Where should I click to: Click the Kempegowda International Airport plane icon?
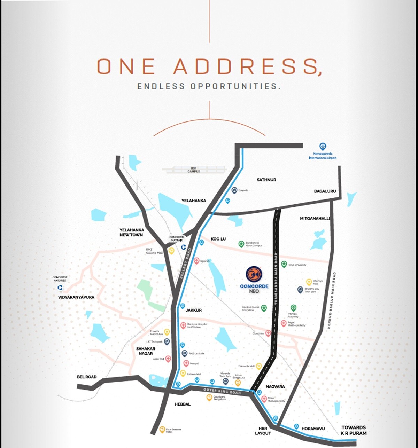[x=323, y=146]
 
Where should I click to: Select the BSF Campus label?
[x=194, y=170]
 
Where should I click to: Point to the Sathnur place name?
[x=266, y=180]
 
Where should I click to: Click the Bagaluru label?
[x=325, y=191]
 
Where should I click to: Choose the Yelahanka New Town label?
[x=131, y=233]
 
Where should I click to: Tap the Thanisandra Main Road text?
[x=276, y=278]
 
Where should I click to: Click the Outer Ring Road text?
[x=222, y=391]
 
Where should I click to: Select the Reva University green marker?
[x=284, y=264]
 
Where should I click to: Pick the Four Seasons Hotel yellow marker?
[x=162, y=430]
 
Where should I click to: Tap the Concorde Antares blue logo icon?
[x=60, y=288]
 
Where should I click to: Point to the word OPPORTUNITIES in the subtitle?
[x=235, y=86]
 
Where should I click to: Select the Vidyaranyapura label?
[x=76, y=297]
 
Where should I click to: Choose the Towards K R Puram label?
[x=354, y=430]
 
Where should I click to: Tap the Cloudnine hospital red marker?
[x=268, y=333]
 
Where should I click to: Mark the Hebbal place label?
[x=183, y=404]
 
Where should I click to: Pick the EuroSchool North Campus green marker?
[x=241, y=244]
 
